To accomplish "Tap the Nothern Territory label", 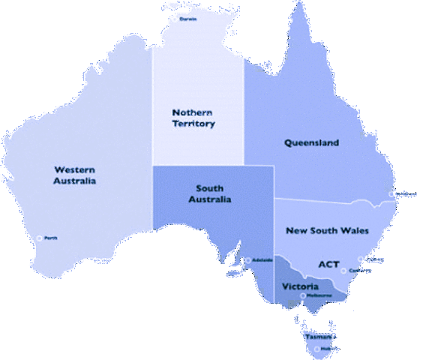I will pyautogui.click(x=192, y=118).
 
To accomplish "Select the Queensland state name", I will pyautogui.click(x=311, y=142).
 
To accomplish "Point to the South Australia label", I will pyautogui.click(x=213, y=193).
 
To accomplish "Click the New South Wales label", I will pyautogui.click(x=328, y=230).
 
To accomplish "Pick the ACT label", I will pyautogui.click(x=328, y=264).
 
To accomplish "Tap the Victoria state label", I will pyautogui.click(x=300, y=286).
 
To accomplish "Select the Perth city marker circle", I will pyautogui.click(x=39, y=238).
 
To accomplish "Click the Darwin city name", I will pyautogui.click(x=188, y=19).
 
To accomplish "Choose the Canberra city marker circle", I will pyautogui.click(x=343, y=271).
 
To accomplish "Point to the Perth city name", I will pyautogui.click(x=51, y=238).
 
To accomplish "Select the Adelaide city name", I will pyautogui.click(x=262, y=259).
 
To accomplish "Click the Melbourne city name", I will pyautogui.click(x=318, y=295).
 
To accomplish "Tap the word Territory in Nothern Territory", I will pyautogui.click(x=192, y=124).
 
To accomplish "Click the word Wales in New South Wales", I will pyautogui.click(x=355, y=230).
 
